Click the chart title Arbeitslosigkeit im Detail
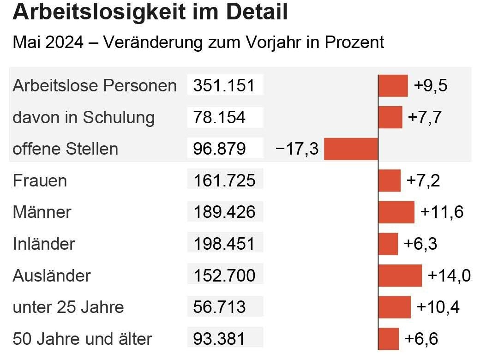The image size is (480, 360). [150, 12]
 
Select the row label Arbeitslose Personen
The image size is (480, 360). [95, 86]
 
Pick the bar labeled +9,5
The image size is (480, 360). [393, 86]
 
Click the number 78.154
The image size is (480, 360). [219, 117]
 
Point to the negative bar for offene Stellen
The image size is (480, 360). [351, 149]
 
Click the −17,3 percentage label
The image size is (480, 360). [297, 149]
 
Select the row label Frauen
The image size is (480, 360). [40, 180]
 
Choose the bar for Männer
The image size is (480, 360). [396, 212]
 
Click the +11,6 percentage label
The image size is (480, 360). [442, 212]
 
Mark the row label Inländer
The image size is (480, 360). [44, 244]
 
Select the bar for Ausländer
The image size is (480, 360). [400, 276]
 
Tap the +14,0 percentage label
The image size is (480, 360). [449, 276]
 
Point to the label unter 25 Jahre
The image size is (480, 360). [68, 307]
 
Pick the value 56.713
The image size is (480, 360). [219, 307]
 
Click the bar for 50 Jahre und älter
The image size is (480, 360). [388, 339]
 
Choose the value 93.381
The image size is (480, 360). [219, 339]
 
